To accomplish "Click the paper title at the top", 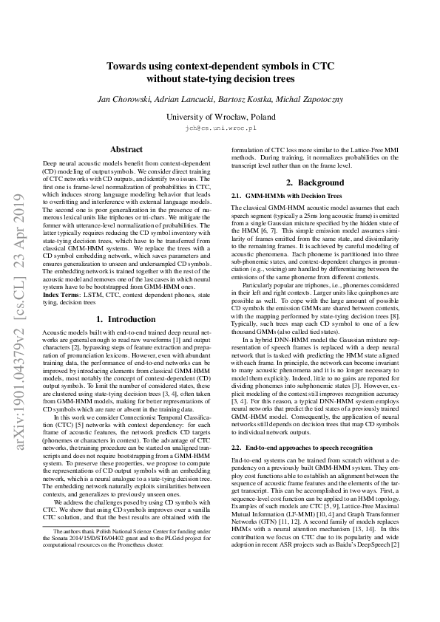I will [x=220, y=72].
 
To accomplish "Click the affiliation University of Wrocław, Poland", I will [x=220, y=117].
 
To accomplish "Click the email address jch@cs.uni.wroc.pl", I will [x=220, y=128].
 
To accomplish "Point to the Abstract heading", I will [x=126, y=149].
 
